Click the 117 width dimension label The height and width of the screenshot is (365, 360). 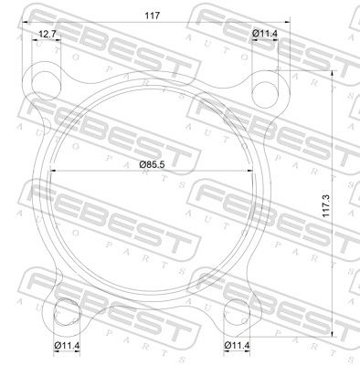point(152,16)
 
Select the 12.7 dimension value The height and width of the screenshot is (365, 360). point(47,34)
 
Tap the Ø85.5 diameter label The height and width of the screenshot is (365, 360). point(152,165)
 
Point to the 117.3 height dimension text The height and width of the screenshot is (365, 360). point(327,206)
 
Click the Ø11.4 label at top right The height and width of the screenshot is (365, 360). point(265,34)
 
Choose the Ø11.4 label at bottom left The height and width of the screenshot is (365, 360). point(67,345)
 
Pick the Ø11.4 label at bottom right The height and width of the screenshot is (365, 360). point(237,345)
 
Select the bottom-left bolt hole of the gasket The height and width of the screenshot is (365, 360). point(67,312)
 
